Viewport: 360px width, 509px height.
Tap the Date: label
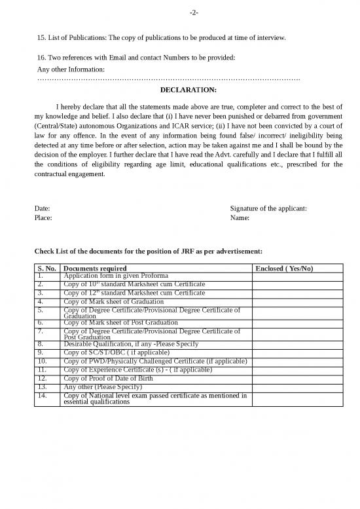click(x=42, y=209)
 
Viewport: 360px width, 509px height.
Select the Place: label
click(x=43, y=218)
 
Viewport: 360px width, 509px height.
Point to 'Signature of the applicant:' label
click(x=269, y=209)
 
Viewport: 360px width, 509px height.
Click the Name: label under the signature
click(x=240, y=218)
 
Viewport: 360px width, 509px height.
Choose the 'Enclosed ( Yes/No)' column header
click(x=284, y=269)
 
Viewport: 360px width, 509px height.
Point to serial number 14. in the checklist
click(x=43, y=395)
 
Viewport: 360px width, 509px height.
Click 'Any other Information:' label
click(x=71, y=69)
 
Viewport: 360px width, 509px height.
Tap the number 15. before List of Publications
click(x=43, y=39)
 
